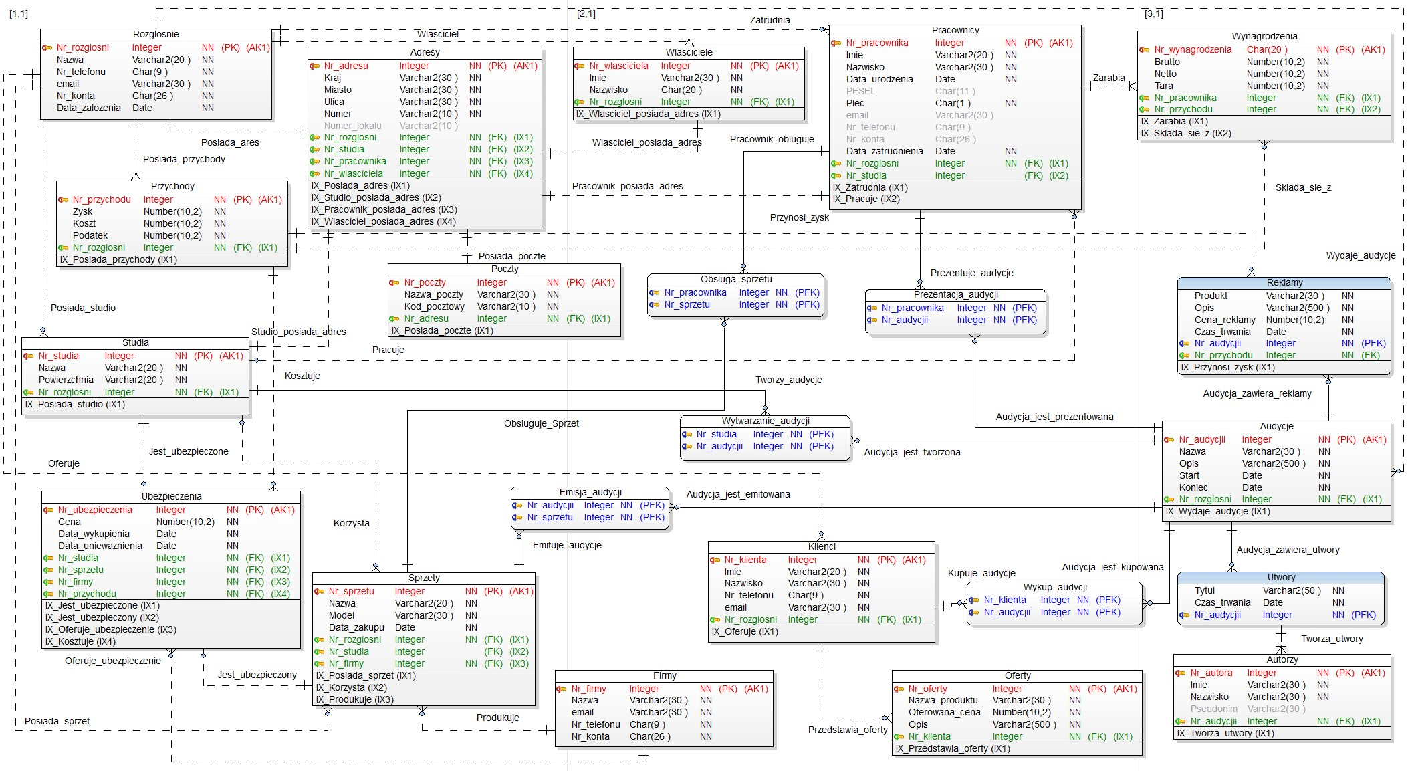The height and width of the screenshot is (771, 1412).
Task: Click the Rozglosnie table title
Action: [156, 34]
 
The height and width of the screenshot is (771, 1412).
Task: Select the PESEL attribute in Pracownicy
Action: [860, 91]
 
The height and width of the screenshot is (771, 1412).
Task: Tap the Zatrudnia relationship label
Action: [770, 20]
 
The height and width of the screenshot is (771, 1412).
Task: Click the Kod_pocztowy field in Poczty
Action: [434, 306]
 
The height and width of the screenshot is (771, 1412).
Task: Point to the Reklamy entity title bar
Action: [1284, 282]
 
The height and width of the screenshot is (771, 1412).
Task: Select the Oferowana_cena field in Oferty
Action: [944, 712]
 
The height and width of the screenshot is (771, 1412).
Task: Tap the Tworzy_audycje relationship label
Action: [789, 380]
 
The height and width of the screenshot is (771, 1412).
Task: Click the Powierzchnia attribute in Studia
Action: [66, 380]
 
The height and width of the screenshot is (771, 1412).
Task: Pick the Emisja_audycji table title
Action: [590, 492]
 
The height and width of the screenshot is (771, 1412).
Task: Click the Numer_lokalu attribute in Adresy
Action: [352, 126]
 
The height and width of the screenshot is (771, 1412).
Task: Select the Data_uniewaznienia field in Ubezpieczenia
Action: [100, 546]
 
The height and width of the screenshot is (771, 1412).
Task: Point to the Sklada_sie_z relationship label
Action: [1303, 187]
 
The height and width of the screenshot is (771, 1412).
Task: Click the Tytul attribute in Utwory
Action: [1205, 590]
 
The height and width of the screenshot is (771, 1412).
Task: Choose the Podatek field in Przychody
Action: [90, 235]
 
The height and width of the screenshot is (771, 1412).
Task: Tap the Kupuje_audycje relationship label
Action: [981, 573]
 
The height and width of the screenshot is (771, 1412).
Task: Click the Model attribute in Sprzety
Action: [341, 615]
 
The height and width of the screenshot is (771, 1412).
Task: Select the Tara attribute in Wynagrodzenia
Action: [1163, 86]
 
